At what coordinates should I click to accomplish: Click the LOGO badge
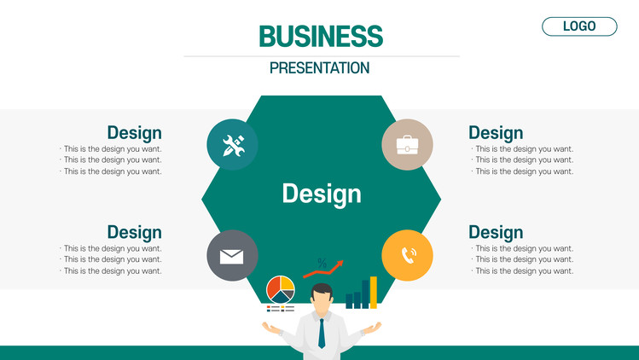tap(579, 26)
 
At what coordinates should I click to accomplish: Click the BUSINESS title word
tap(321, 37)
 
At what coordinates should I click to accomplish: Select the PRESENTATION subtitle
tap(319, 67)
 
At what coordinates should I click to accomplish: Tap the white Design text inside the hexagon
tap(322, 194)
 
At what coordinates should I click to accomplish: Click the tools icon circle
tap(232, 144)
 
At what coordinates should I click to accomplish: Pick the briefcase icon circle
tap(407, 144)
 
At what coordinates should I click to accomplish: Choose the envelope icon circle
tap(232, 256)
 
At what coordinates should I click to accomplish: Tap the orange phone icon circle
tap(407, 256)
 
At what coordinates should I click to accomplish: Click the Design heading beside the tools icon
tap(135, 133)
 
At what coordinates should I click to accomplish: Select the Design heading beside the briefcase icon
tap(496, 133)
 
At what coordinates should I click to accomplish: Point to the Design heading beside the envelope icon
tap(135, 233)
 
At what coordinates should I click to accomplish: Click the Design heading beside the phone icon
tap(496, 233)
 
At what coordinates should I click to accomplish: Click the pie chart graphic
tap(281, 289)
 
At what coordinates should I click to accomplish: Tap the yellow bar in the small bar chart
tap(374, 293)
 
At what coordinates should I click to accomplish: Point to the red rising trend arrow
tap(323, 269)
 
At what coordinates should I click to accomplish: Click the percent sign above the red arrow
tap(322, 264)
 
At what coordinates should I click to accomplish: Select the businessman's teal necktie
tap(322, 333)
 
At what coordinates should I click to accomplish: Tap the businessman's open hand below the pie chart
tap(272, 328)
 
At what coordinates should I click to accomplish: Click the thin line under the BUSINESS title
tap(322, 56)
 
